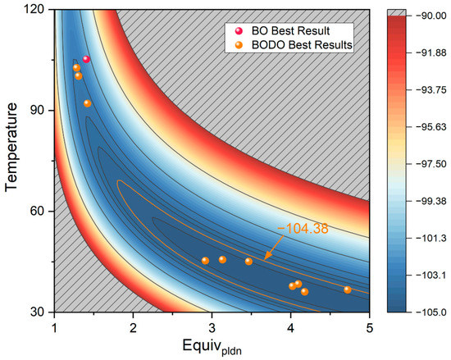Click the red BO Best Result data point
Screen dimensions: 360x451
[86, 59]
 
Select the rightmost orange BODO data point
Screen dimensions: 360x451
[347, 289]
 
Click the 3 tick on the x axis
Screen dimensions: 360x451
[212, 326]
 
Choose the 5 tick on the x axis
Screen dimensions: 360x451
[370, 326]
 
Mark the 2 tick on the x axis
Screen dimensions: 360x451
[133, 326]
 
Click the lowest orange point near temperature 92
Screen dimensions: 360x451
[87, 103]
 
